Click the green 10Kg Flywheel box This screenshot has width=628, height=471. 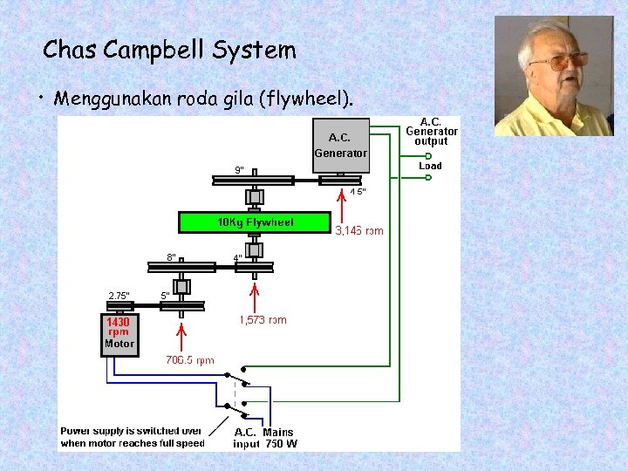click(256, 222)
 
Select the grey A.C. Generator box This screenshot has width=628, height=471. click(341, 145)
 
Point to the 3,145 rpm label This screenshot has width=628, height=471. click(359, 231)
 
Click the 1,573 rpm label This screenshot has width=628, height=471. click(263, 320)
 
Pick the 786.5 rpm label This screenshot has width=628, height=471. click(190, 360)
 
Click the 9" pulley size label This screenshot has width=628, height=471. click(239, 169)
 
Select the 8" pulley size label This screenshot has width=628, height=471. click(172, 257)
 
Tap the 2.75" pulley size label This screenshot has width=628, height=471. click(119, 296)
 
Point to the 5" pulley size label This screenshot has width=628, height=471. click(166, 296)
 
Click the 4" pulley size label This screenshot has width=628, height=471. click(237, 257)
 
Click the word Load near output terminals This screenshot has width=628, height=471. click(431, 166)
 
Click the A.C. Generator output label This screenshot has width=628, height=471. click(431, 131)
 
